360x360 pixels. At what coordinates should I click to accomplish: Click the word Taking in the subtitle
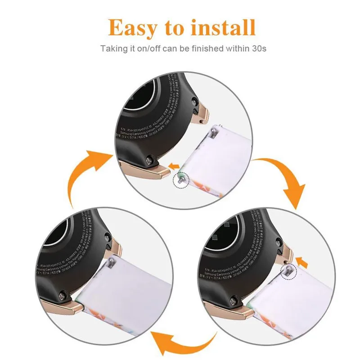point(112,48)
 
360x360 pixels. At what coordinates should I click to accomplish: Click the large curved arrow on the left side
point(85,175)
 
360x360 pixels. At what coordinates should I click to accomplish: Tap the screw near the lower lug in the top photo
point(150,158)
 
